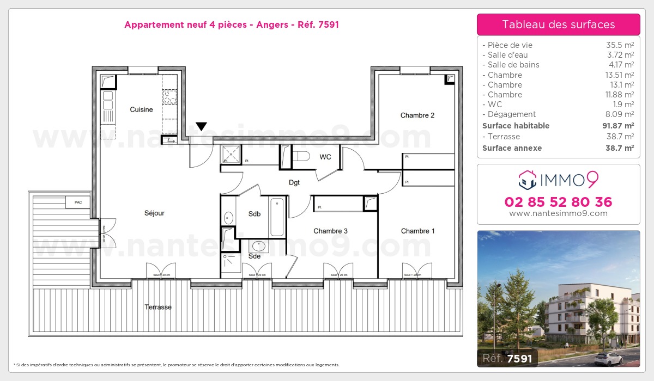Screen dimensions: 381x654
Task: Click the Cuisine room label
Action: (141, 110)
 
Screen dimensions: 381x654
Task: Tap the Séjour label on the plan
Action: (154, 213)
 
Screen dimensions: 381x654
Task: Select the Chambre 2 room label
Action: (417, 115)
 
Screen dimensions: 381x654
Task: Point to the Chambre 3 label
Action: (330, 231)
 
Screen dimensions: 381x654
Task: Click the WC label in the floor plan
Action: (325, 157)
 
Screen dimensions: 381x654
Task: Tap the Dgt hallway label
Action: (294, 183)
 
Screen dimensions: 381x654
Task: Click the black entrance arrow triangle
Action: (201, 127)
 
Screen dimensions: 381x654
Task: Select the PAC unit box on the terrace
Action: (78, 202)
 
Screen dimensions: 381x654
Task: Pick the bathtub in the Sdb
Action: (277, 217)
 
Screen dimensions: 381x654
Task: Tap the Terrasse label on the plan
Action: (158, 308)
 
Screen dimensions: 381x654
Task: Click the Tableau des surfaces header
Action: (558, 24)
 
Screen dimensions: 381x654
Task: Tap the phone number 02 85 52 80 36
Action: (558, 202)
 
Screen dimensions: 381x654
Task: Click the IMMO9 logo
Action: (558, 179)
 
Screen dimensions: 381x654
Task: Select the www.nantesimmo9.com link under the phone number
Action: (558, 213)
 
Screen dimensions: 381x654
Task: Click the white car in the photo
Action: (609, 358)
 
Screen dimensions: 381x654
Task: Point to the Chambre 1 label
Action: (418, 231)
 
